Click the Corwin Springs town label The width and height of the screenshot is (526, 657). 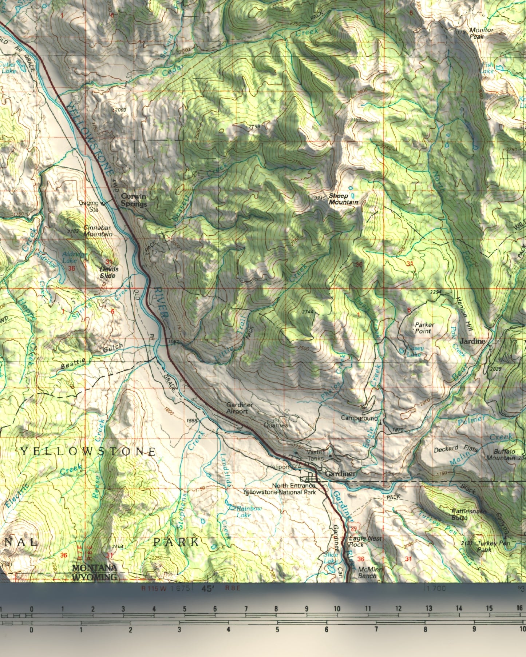pos(134,200)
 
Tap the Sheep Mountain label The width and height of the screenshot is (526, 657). pos(343,199)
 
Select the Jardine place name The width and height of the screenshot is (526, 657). pos(472,341)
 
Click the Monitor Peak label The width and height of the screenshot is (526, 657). pos(481,33)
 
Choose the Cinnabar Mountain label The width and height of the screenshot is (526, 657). pos(98,231)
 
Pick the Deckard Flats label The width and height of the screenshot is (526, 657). pos(455,449)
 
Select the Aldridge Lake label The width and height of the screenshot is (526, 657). pos(75,258)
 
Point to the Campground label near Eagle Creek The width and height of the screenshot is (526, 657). pos(359,418)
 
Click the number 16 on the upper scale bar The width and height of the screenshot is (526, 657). pos(519,608)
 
